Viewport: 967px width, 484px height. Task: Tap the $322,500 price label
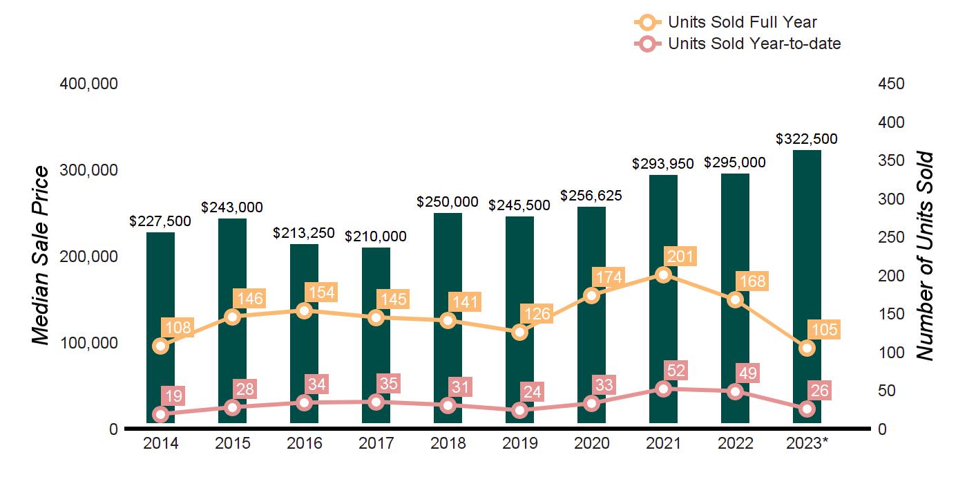(807, 139)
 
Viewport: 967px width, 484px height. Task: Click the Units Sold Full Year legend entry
(725, 22)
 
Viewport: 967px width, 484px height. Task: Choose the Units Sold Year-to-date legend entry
(737, 44)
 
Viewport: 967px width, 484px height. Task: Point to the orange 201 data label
(680, 257)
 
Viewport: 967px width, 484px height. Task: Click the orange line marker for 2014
(160, 346)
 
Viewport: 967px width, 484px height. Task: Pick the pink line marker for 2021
(663, 389)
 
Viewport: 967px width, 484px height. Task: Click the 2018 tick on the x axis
(448, 443)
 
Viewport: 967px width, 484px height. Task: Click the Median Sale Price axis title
(42, 256)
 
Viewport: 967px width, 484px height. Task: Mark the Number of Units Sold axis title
(924, 256)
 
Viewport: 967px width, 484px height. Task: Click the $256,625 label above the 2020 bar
(591, 196)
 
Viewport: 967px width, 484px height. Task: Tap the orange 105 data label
(824, 330)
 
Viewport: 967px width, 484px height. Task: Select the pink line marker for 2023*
(807, 409)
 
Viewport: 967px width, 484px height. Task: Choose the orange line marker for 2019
(519, 333)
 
